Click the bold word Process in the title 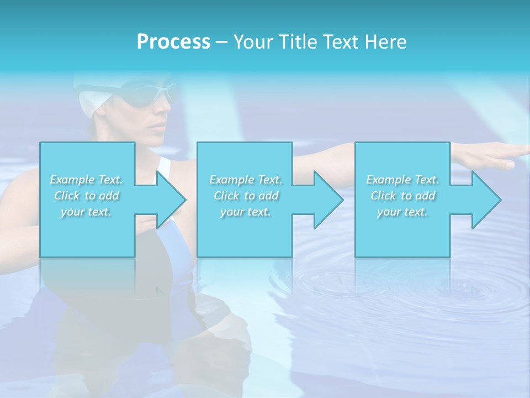[x=173, y=42]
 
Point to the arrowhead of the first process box [x=171, y=200]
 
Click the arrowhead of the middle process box [x=328, y=200]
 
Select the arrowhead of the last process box [x=486, y=200]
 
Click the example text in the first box [x=87, y=196]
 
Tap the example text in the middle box [x=246, y=196]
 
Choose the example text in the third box [x=402, y=196]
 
